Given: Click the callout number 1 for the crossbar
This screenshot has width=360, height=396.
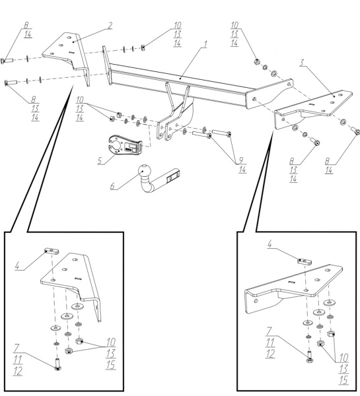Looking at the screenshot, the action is click(x=205, y=44).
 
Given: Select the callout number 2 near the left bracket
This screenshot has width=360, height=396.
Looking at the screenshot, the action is click(x=110, y=26).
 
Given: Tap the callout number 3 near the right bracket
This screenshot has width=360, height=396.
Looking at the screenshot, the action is click(x=302, y=63).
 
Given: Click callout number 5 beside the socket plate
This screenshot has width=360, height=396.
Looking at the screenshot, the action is click(x=100, y=160).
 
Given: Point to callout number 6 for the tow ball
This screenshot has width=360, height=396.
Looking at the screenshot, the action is click(x=112, y=186).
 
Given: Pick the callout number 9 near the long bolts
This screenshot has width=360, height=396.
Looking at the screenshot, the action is click(x=241, y=160).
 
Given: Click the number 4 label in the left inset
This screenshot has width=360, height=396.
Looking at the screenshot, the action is click(x=17, y=266).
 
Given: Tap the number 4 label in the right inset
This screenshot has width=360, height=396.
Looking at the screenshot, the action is click(x=270, y=244).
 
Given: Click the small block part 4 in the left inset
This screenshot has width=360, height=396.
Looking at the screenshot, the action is click(x=52, y=251).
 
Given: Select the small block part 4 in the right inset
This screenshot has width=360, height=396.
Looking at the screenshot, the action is click(x=304, y=261).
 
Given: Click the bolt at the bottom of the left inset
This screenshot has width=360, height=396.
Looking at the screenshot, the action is click(x=57, y=364).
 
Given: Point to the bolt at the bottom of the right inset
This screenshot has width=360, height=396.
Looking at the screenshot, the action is click(x=310, y=357).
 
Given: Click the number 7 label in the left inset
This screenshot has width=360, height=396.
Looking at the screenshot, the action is click(x=17, y=348).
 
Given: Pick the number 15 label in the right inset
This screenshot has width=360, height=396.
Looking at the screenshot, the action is click(x=344, y=380).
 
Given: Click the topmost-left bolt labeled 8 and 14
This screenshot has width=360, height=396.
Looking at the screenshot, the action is click(x=7, y=61).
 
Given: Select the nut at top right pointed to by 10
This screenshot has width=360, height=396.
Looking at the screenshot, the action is click(x=257, y=61).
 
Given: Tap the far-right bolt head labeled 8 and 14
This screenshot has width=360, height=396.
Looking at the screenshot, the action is click(x=355, y=131).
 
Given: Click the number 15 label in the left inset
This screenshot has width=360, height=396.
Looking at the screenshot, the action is click(x=111, y=365).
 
